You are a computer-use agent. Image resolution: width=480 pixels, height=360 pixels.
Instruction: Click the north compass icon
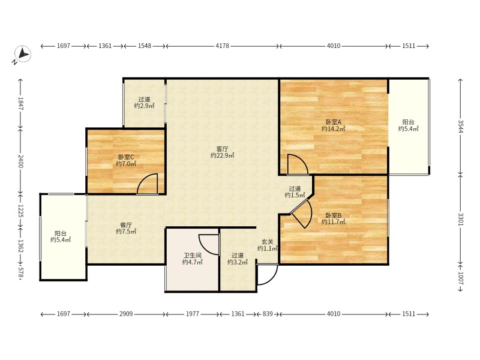point(23,54)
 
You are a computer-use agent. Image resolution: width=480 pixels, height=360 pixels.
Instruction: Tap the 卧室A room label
point(333,122)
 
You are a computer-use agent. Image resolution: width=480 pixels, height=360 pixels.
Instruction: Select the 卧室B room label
point(333,215)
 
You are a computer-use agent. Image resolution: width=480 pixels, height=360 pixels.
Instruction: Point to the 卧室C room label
point(126,157)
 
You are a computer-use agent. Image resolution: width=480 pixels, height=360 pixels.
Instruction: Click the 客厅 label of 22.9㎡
point(222,149)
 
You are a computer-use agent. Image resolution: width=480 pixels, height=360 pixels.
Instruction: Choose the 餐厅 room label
point(126,225)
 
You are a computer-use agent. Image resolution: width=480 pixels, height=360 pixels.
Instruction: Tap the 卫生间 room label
point(192,256)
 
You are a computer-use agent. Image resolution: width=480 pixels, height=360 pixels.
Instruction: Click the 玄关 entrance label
point(267,242)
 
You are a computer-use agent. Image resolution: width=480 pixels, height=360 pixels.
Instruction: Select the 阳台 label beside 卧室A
point(409,122)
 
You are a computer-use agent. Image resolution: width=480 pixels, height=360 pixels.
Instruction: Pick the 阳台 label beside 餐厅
point(61,233)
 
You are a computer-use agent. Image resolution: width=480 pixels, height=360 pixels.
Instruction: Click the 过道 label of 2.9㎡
point(144,99)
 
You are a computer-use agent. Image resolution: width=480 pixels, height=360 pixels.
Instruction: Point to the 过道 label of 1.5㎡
point(295,188)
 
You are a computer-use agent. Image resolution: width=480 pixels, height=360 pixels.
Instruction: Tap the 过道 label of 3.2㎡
point(238,256)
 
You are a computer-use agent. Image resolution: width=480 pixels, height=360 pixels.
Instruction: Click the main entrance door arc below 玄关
point(272,280)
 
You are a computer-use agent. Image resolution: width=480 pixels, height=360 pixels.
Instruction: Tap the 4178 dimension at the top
point(222,46)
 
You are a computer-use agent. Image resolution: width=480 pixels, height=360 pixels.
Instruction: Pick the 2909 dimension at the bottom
point(126,314)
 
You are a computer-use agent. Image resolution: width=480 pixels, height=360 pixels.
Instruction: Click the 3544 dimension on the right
point(460,127)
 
